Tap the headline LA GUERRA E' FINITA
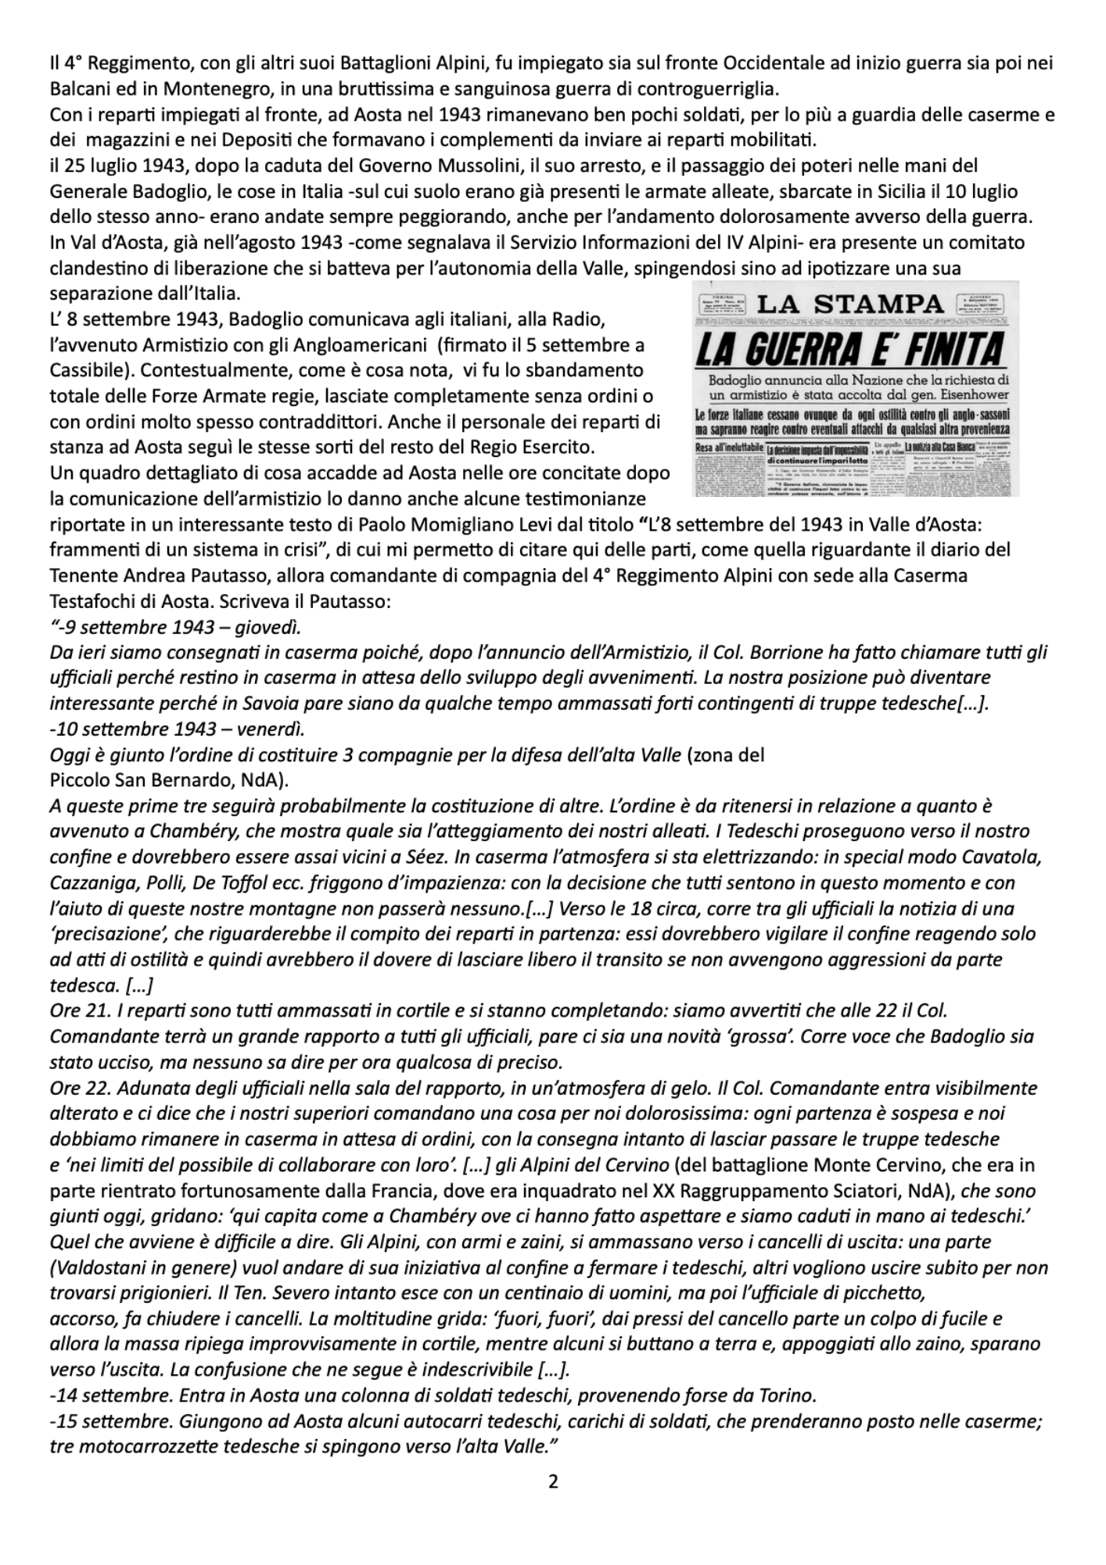(x=849, y=350)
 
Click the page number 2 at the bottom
(x=553, y=1480)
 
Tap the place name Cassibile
(x=84, y=369)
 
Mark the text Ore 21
(x=75, y=1011)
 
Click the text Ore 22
(x=75, y=1088)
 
